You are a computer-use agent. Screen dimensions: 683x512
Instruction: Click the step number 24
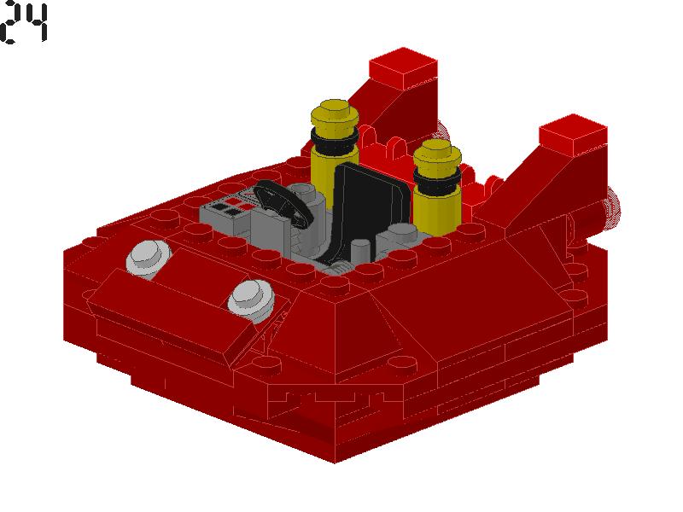point(24,23)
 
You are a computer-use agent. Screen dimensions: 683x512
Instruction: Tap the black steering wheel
point(283,202)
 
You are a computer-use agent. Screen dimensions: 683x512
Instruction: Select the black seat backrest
point(371,209)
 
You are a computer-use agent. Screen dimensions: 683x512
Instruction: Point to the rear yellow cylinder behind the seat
point(335,148)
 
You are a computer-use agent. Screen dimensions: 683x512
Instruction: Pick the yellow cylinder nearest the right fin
point(437,187)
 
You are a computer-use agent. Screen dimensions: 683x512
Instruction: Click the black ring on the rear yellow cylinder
point(335,139)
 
